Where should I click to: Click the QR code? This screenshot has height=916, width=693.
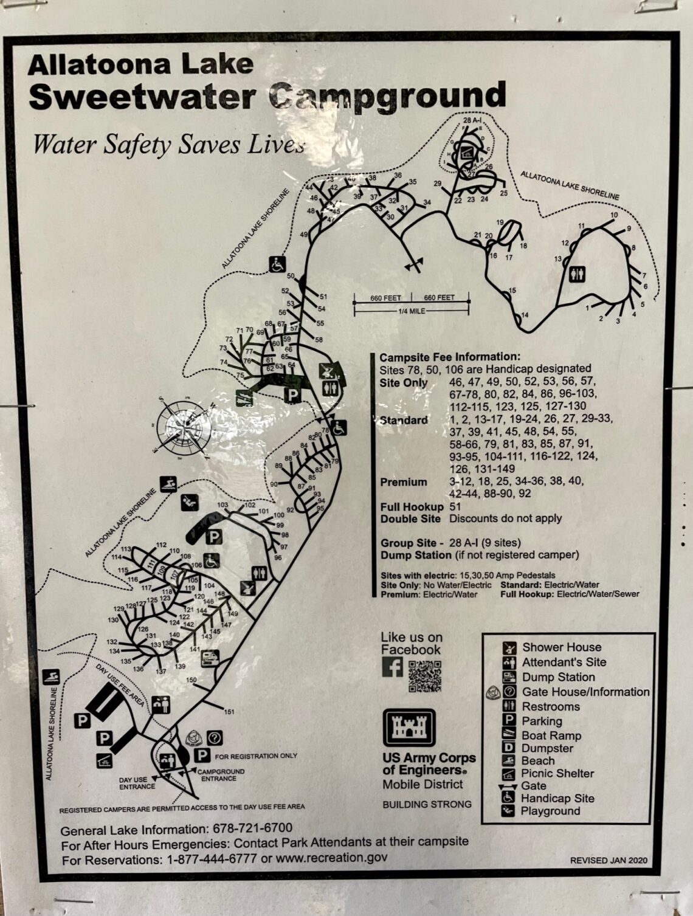425,675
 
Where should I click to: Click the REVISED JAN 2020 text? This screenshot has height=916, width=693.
608,860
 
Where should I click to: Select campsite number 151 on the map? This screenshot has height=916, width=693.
229,712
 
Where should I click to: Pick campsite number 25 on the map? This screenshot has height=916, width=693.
503,193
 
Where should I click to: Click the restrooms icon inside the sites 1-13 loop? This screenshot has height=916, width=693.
576,275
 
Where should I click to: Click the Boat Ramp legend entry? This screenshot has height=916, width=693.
551,735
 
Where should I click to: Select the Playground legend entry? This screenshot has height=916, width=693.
550,811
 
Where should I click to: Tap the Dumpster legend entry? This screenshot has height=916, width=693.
547,748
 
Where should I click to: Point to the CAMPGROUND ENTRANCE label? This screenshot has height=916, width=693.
219,775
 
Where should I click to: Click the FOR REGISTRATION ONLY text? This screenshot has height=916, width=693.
256,756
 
